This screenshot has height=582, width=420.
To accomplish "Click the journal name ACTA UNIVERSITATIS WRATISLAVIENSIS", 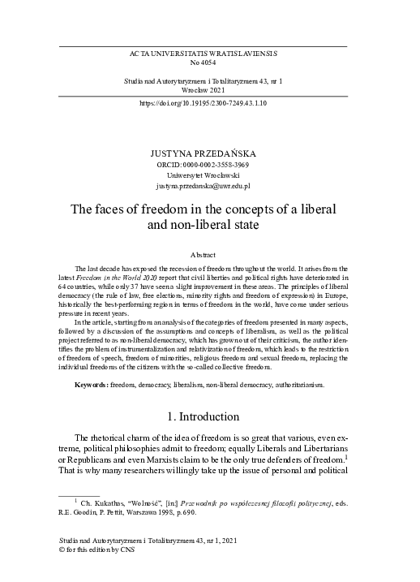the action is point(210,52).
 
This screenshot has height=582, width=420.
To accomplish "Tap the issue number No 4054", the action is point(210,62).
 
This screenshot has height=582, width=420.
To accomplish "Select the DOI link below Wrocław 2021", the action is point(210,105).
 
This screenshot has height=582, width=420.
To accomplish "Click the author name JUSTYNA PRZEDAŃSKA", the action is point(210,153).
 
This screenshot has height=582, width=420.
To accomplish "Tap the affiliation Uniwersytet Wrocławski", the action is point(210,175).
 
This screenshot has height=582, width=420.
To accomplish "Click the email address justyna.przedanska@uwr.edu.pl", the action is point(210,187).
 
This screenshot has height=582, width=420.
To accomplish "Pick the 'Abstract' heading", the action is point(210,255).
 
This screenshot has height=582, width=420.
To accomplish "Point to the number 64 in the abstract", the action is point(63,287).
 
